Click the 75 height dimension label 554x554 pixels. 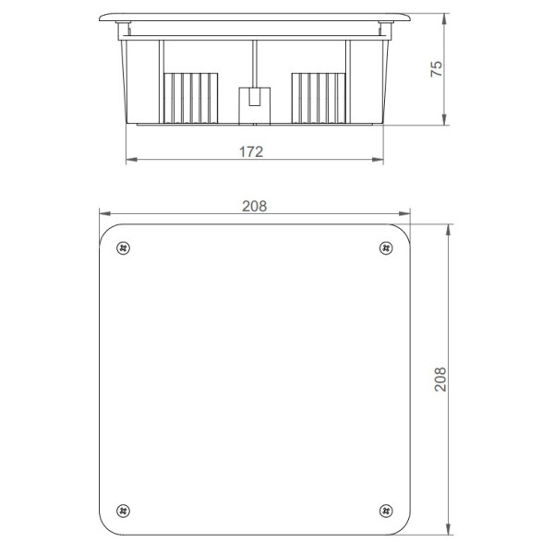click(437, 68)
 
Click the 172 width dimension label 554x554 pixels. click(251, 151)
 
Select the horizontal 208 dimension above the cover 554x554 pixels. click(254, 207)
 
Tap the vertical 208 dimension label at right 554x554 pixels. click(440, 379)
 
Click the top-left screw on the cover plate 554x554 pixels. click(124, 247)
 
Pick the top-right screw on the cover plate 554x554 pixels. click(385, 247)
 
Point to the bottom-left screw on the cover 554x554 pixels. click(124, 510)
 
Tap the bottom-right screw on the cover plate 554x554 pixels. click(385, 510)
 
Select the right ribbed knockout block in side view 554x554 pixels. click(319, 97)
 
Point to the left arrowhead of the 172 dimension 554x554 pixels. click(128, 160)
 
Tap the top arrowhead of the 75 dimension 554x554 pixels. click(446, 18)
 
